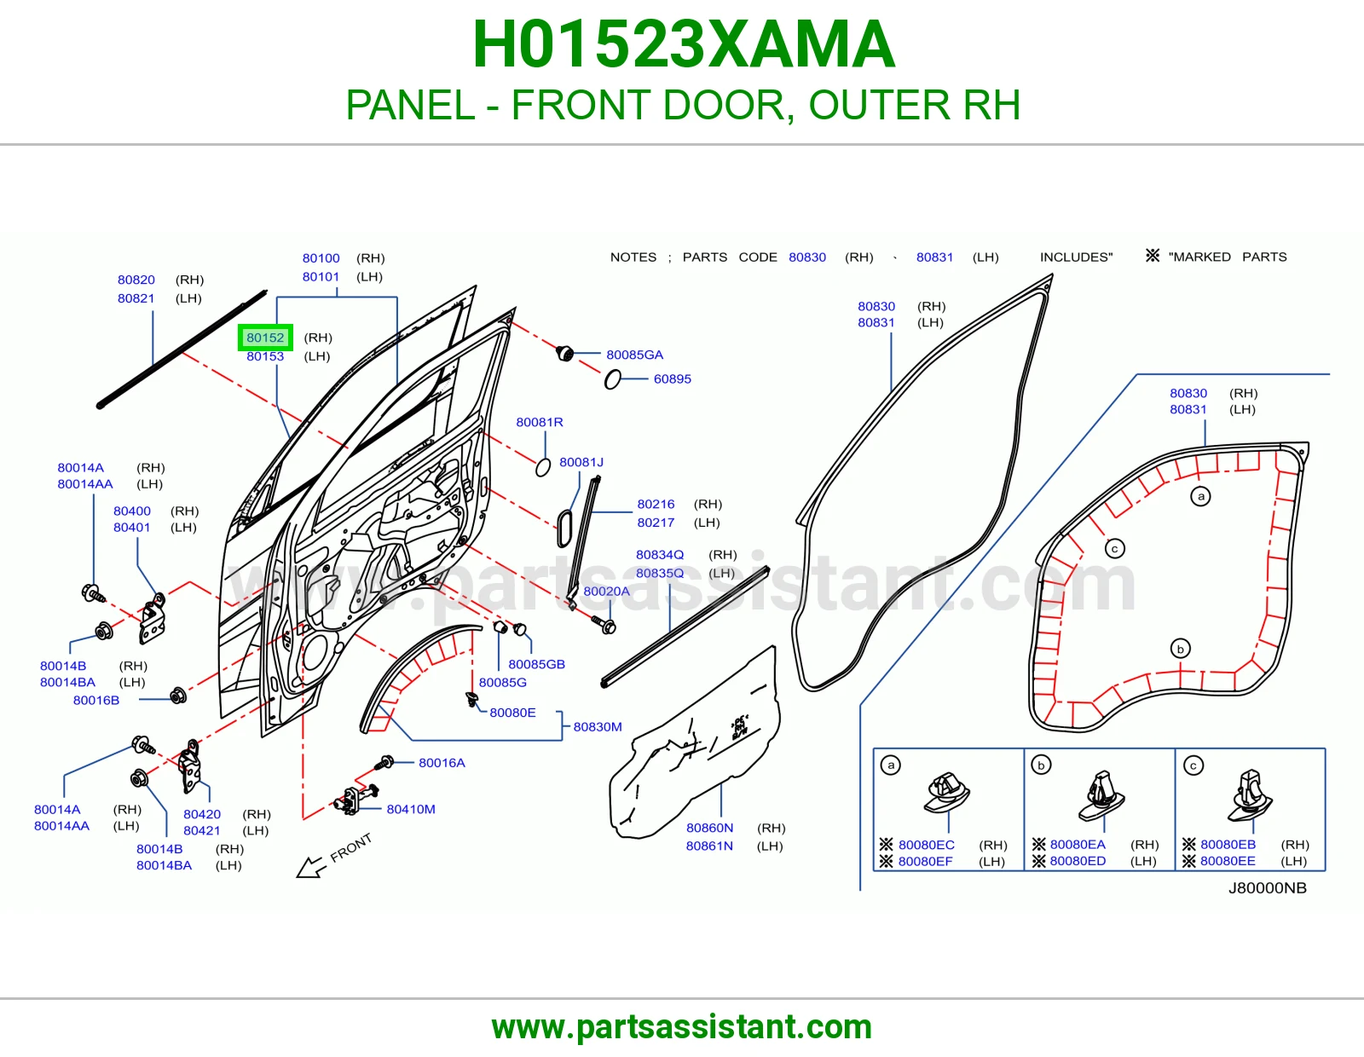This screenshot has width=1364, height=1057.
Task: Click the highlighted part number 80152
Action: tap(265, 338)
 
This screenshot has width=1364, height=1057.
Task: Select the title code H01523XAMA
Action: tap(684, 44)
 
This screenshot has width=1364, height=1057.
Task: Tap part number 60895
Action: tap(673, 379)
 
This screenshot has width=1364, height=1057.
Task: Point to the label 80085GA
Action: tap(634, 355)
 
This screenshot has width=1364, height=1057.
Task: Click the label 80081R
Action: tap(539, 423)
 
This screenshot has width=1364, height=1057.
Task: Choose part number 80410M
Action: tap(411, 809)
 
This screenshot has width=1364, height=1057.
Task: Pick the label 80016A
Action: tap(442, 763)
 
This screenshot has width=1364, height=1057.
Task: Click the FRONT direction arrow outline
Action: tap(312, 868)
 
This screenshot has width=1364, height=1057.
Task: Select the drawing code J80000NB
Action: tap(1268, 888)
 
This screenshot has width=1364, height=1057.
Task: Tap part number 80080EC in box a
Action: tap(926, 845)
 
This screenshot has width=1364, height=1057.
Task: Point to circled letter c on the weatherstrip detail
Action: tap(1115, 549)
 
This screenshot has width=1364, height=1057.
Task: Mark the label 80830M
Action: tap(598, 727)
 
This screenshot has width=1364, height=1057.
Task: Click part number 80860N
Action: tap(709, 828)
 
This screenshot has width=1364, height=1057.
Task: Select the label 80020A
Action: tap(606, 592)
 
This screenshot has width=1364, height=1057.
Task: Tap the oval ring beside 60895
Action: tap(613, 379)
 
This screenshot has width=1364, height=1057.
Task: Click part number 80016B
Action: tap(96, 700)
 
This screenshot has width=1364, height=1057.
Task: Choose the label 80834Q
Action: tap(660, 555)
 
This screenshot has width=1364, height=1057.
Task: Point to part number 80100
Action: tap(321, 258)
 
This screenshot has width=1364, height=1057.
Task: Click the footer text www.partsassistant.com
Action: tap(682, 1027)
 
